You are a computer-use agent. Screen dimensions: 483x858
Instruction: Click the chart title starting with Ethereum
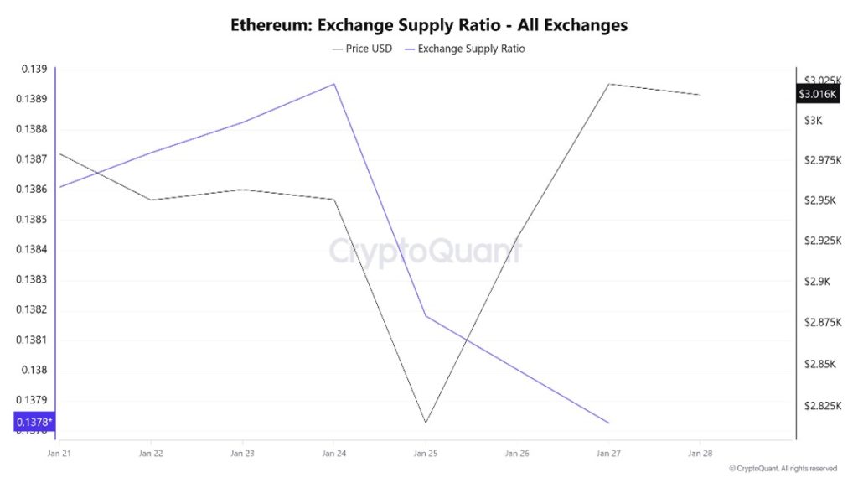click(x=429, y=25)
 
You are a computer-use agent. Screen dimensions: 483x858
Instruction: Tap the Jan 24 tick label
click(x=333, y=453)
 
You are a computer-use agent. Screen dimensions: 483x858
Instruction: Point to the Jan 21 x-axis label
click(x=59, y=453)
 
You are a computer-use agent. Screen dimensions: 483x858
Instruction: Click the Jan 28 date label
click(x=700, y=453)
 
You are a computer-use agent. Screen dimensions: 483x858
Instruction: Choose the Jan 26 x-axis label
click(x=517, y=453)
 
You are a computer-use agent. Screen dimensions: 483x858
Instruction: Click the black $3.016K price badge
click(x=818, y=94)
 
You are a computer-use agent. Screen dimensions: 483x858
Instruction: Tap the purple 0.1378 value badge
click(x=34, y=422)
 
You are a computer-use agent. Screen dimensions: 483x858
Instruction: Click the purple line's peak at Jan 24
click(x=334, y=84)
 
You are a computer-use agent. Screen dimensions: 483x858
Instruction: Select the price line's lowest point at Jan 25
click(x=426, y=423)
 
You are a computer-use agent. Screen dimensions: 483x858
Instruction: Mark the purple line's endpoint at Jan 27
click(x=608, y=423)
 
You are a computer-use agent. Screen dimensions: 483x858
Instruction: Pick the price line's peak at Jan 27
click(x=608, y=84)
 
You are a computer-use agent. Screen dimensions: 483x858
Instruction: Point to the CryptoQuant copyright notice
click(x=783, y=468)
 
